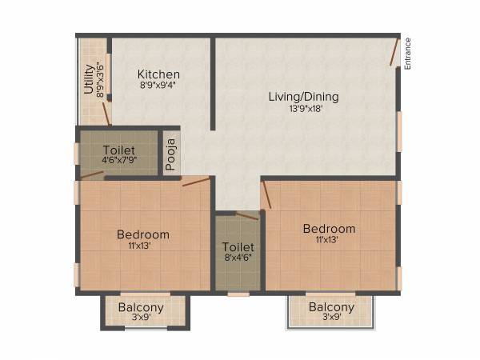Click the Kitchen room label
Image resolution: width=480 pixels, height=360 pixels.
[x=158, y=74]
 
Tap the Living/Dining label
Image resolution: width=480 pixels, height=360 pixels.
[x=303, y=97]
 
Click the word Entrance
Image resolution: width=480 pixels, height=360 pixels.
[x=407, y=54]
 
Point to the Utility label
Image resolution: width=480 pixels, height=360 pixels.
[x=89, y=79]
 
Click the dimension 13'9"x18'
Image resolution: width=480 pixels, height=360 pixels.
[x=303, y=110]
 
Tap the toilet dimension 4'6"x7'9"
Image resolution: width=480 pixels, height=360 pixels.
[x=118, y=161]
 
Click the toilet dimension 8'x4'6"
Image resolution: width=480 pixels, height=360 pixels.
[x=238, y=259]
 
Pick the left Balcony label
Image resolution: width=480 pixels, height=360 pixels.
[x=141, y=307]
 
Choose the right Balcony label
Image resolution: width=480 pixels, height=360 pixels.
[x=331, y=307]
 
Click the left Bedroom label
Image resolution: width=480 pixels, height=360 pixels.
[x=143, y=234]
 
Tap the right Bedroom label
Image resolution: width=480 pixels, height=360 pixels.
[x=329, y=230]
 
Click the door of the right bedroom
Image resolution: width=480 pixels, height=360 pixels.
[x=266, y=194]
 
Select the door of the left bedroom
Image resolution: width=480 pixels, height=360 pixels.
[x=195, y=182]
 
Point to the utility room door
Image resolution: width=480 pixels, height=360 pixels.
[x=106, y=113]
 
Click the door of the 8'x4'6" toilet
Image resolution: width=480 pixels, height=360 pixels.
[x=248, y=215]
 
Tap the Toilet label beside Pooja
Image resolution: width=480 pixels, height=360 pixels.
[x=118, y=150]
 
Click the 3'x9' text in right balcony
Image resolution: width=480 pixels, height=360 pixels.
[x=331, y=318]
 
